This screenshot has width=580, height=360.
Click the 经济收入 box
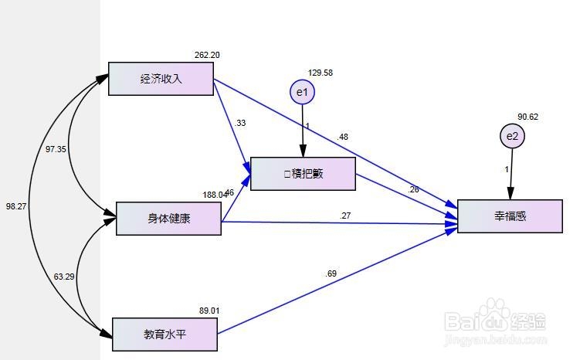click(161, 79)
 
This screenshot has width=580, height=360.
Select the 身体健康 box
click(168, 219)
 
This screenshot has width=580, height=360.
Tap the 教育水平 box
click(165, 334)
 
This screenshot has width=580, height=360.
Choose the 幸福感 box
click(510, 216)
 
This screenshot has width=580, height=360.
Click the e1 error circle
click(302, 93)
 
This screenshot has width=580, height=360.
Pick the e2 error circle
click(511, 137)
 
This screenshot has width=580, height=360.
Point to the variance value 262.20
click(207, 55)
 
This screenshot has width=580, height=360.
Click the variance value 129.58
click(320, 73)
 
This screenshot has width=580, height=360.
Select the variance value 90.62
click(527, 117)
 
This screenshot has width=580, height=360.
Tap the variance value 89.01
click(209, 311)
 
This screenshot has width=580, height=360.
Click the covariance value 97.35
click(56, 148)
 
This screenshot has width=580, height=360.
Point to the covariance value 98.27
click(15, 207)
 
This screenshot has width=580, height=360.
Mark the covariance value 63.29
click(64, 277)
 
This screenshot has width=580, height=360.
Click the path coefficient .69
click(331, 273)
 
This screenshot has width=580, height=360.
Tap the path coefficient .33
click(240, 123)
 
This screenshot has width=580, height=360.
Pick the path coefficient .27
click(345, 216)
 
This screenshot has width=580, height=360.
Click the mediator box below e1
click(303, 174)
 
